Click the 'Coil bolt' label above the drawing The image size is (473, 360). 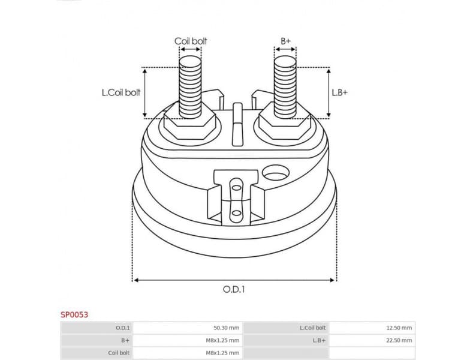[x=191, y=41]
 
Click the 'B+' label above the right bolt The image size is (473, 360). [x=285, y=41]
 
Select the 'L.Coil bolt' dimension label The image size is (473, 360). [x=120, y=92]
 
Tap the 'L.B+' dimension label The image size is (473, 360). [x=339, y=92]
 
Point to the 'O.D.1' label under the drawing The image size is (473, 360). [x=234, y=289]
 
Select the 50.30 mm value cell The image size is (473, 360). [x=226, y=328]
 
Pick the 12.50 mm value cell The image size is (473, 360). [x=399, y=328]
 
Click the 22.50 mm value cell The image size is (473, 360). [x=399, y=340]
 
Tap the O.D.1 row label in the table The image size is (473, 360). [x=123, y=328]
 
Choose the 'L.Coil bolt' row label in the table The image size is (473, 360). [x=312, y=328]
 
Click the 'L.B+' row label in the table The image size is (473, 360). [x=318, y=340]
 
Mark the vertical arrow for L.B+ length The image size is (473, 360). [x=329, y=92]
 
